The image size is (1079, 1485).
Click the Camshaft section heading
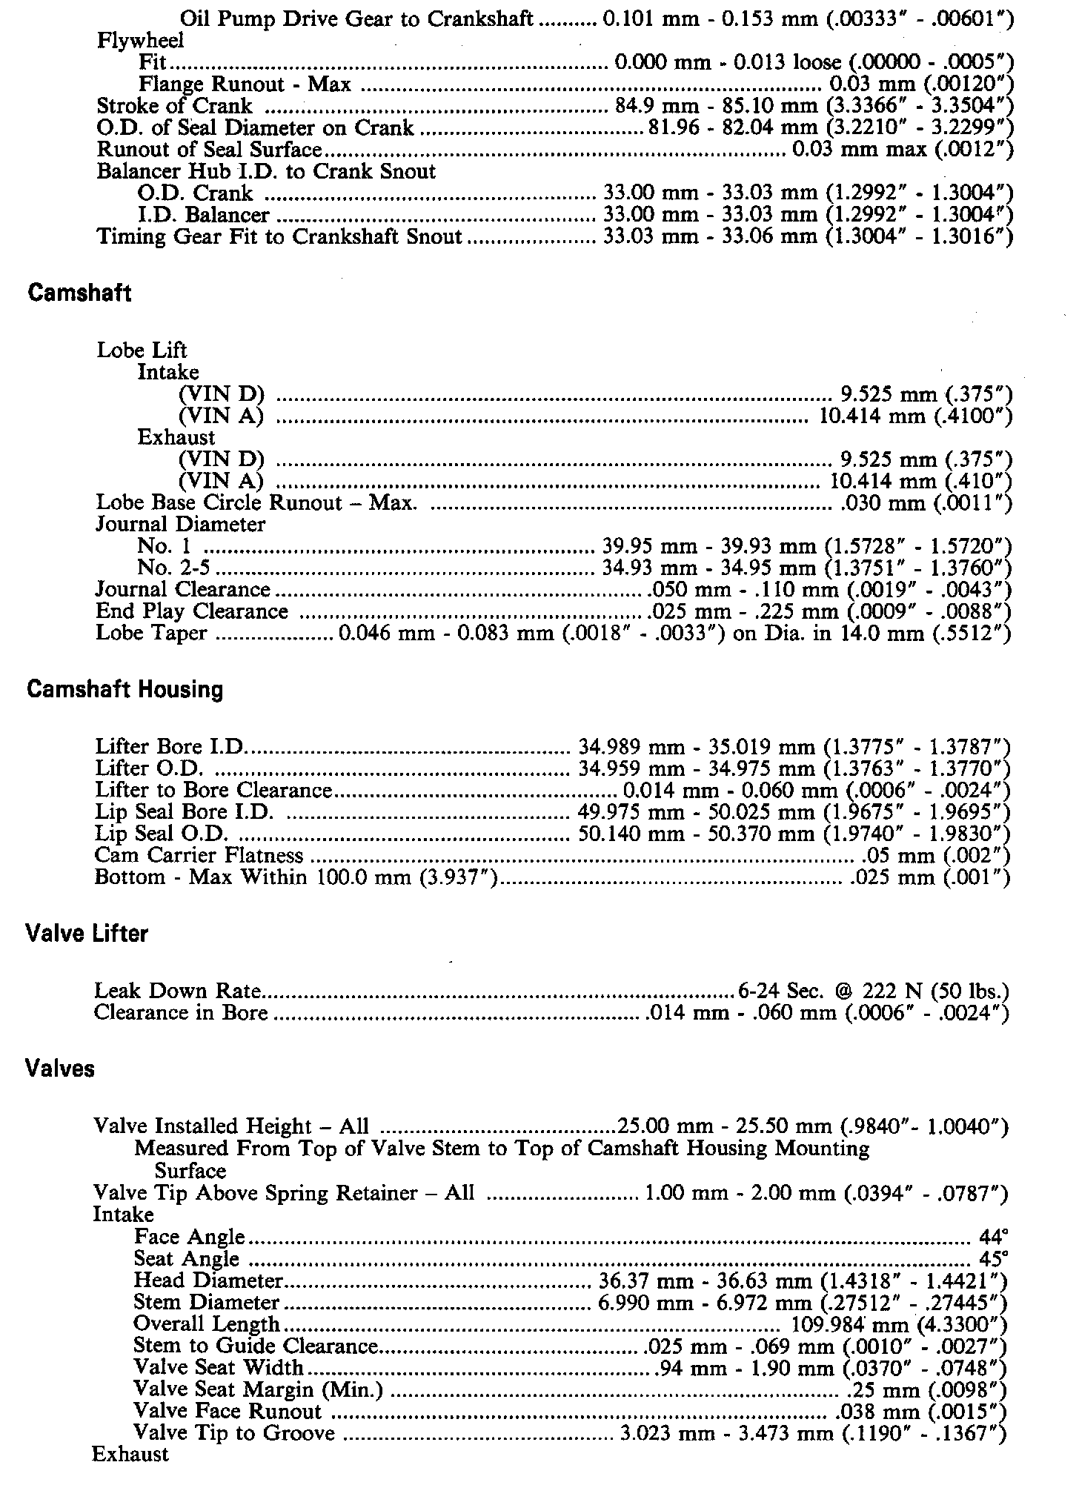pyautogui.click(x=79, y=293)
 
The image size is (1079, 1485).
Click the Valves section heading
pyautogui.click(x=59, y=1069)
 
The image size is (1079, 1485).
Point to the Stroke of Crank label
pyautogui.click(x=174, y=106)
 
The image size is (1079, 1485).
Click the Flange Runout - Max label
pyautogui.click(x=245, y=84)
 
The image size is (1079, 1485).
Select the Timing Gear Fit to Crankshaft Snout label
pyautogui.click(x=279, y=236)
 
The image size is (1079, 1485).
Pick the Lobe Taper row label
pyautogui.click(x=151, y=634)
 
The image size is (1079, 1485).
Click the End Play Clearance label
pyautogui.click(x=191, y=611)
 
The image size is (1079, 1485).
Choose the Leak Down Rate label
pyautogui.click(x=177, y=991)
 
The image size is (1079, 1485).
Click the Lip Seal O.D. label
pyautogui.click(x=161, y=834)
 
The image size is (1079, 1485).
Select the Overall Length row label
pyautogui.click(x=207, y=1324)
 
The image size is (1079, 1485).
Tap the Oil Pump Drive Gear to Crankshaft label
pyautogui.click(x=356, y=19)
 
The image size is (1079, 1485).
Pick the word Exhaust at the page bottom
pyautogui.click(x=130, y=1454)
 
